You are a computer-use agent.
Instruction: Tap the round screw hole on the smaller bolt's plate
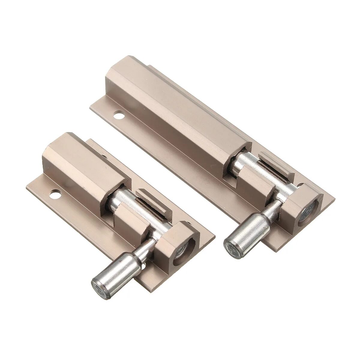(55, 194)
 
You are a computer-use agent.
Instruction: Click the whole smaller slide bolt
(120, 210)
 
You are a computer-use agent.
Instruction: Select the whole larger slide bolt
(210, 150)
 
